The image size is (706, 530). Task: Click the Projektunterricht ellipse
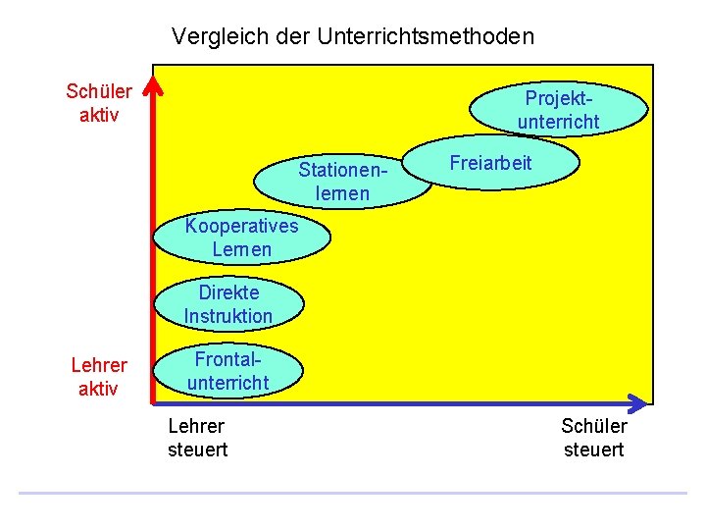560,109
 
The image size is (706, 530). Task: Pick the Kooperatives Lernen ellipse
241,238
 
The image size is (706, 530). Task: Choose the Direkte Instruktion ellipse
227,304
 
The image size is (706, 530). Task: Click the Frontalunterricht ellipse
228,371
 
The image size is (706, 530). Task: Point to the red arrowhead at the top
152,85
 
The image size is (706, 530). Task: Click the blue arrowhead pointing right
637,402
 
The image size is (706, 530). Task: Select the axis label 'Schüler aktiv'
98,103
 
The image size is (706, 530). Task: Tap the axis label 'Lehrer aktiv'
98,377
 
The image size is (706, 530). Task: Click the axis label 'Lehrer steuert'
197,438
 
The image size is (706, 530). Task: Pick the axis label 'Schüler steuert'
593,438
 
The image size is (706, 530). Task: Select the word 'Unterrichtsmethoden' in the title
427,37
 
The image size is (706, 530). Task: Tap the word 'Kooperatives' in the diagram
241,227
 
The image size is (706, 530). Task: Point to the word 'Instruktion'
227,316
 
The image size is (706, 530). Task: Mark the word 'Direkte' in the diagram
228,292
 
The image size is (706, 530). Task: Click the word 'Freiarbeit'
490,163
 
